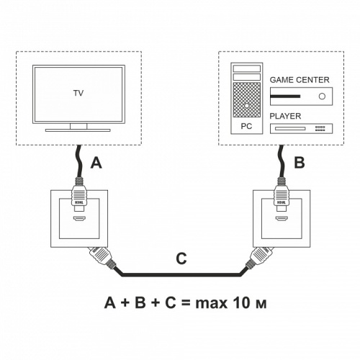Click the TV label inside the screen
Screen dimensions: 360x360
78,94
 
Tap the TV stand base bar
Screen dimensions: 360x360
78,130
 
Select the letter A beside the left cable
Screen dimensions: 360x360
96,163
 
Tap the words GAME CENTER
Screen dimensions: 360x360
300,80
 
